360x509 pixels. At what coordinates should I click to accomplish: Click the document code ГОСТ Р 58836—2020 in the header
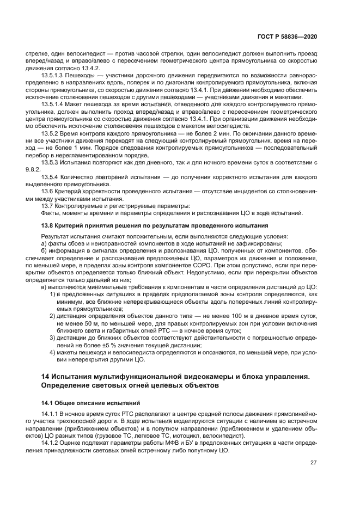coord(288,36)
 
